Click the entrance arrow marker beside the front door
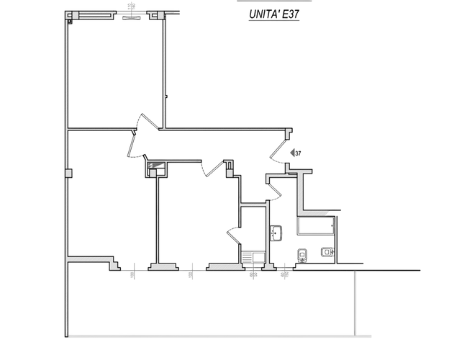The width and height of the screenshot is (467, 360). click(x=296, y=151)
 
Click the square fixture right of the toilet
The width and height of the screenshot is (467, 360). click(x=327, y=253)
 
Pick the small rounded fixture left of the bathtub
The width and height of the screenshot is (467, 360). click(x=276, y=232)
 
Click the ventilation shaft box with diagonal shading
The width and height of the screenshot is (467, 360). click(x=156, y=168)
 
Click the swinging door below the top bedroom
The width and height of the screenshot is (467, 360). click(x=141, y=133)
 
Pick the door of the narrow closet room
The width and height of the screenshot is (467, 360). click(x=233, y=233)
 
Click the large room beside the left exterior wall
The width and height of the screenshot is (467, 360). click(x=108, y=202)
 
